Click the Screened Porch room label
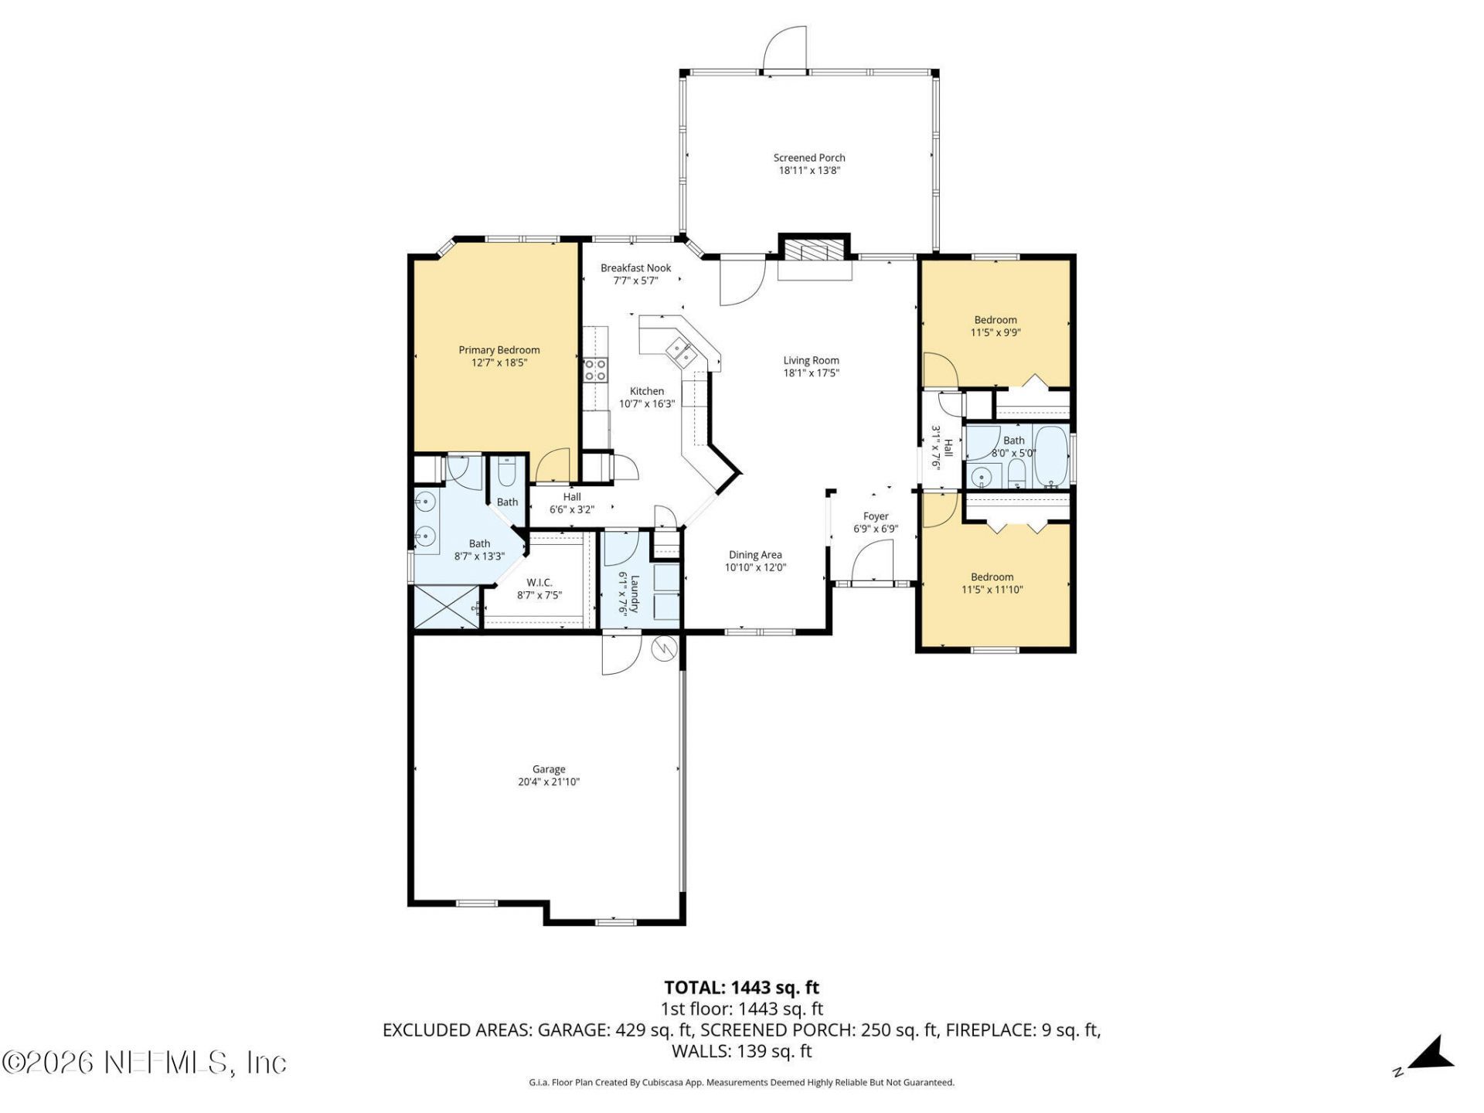pyautogui.click(x=809, y=158)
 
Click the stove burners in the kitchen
pyautogui.click(x=595, y=369)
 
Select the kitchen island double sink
pyautogui.click(x=681, y=352)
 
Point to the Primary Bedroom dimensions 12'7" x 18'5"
pyautogui.click(x=499, y=362)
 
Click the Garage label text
pyautogui.click(x=549, y=769)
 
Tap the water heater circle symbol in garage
pyautogui.click(x=664, y=648)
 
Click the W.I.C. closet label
pyautogui.click(x=539, y=582)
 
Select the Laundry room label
pyautogui.click(x=635, y=593)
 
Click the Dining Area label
pyautogui.click(x=755, y=555)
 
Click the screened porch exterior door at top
pyautogui.click(x=785, y=50)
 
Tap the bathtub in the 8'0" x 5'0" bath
pyautogui.click(x=1050, y=456)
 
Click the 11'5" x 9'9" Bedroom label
pyautogui.click(x=996, y=320)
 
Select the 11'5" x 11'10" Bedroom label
pyautogui.click(x=992, y=577)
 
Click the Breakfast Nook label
pyautogui.click(x=636, y=268)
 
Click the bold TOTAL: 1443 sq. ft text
pyautogui.click(x=741, y=988)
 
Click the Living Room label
pyautogui.click(x=811, y=360)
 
